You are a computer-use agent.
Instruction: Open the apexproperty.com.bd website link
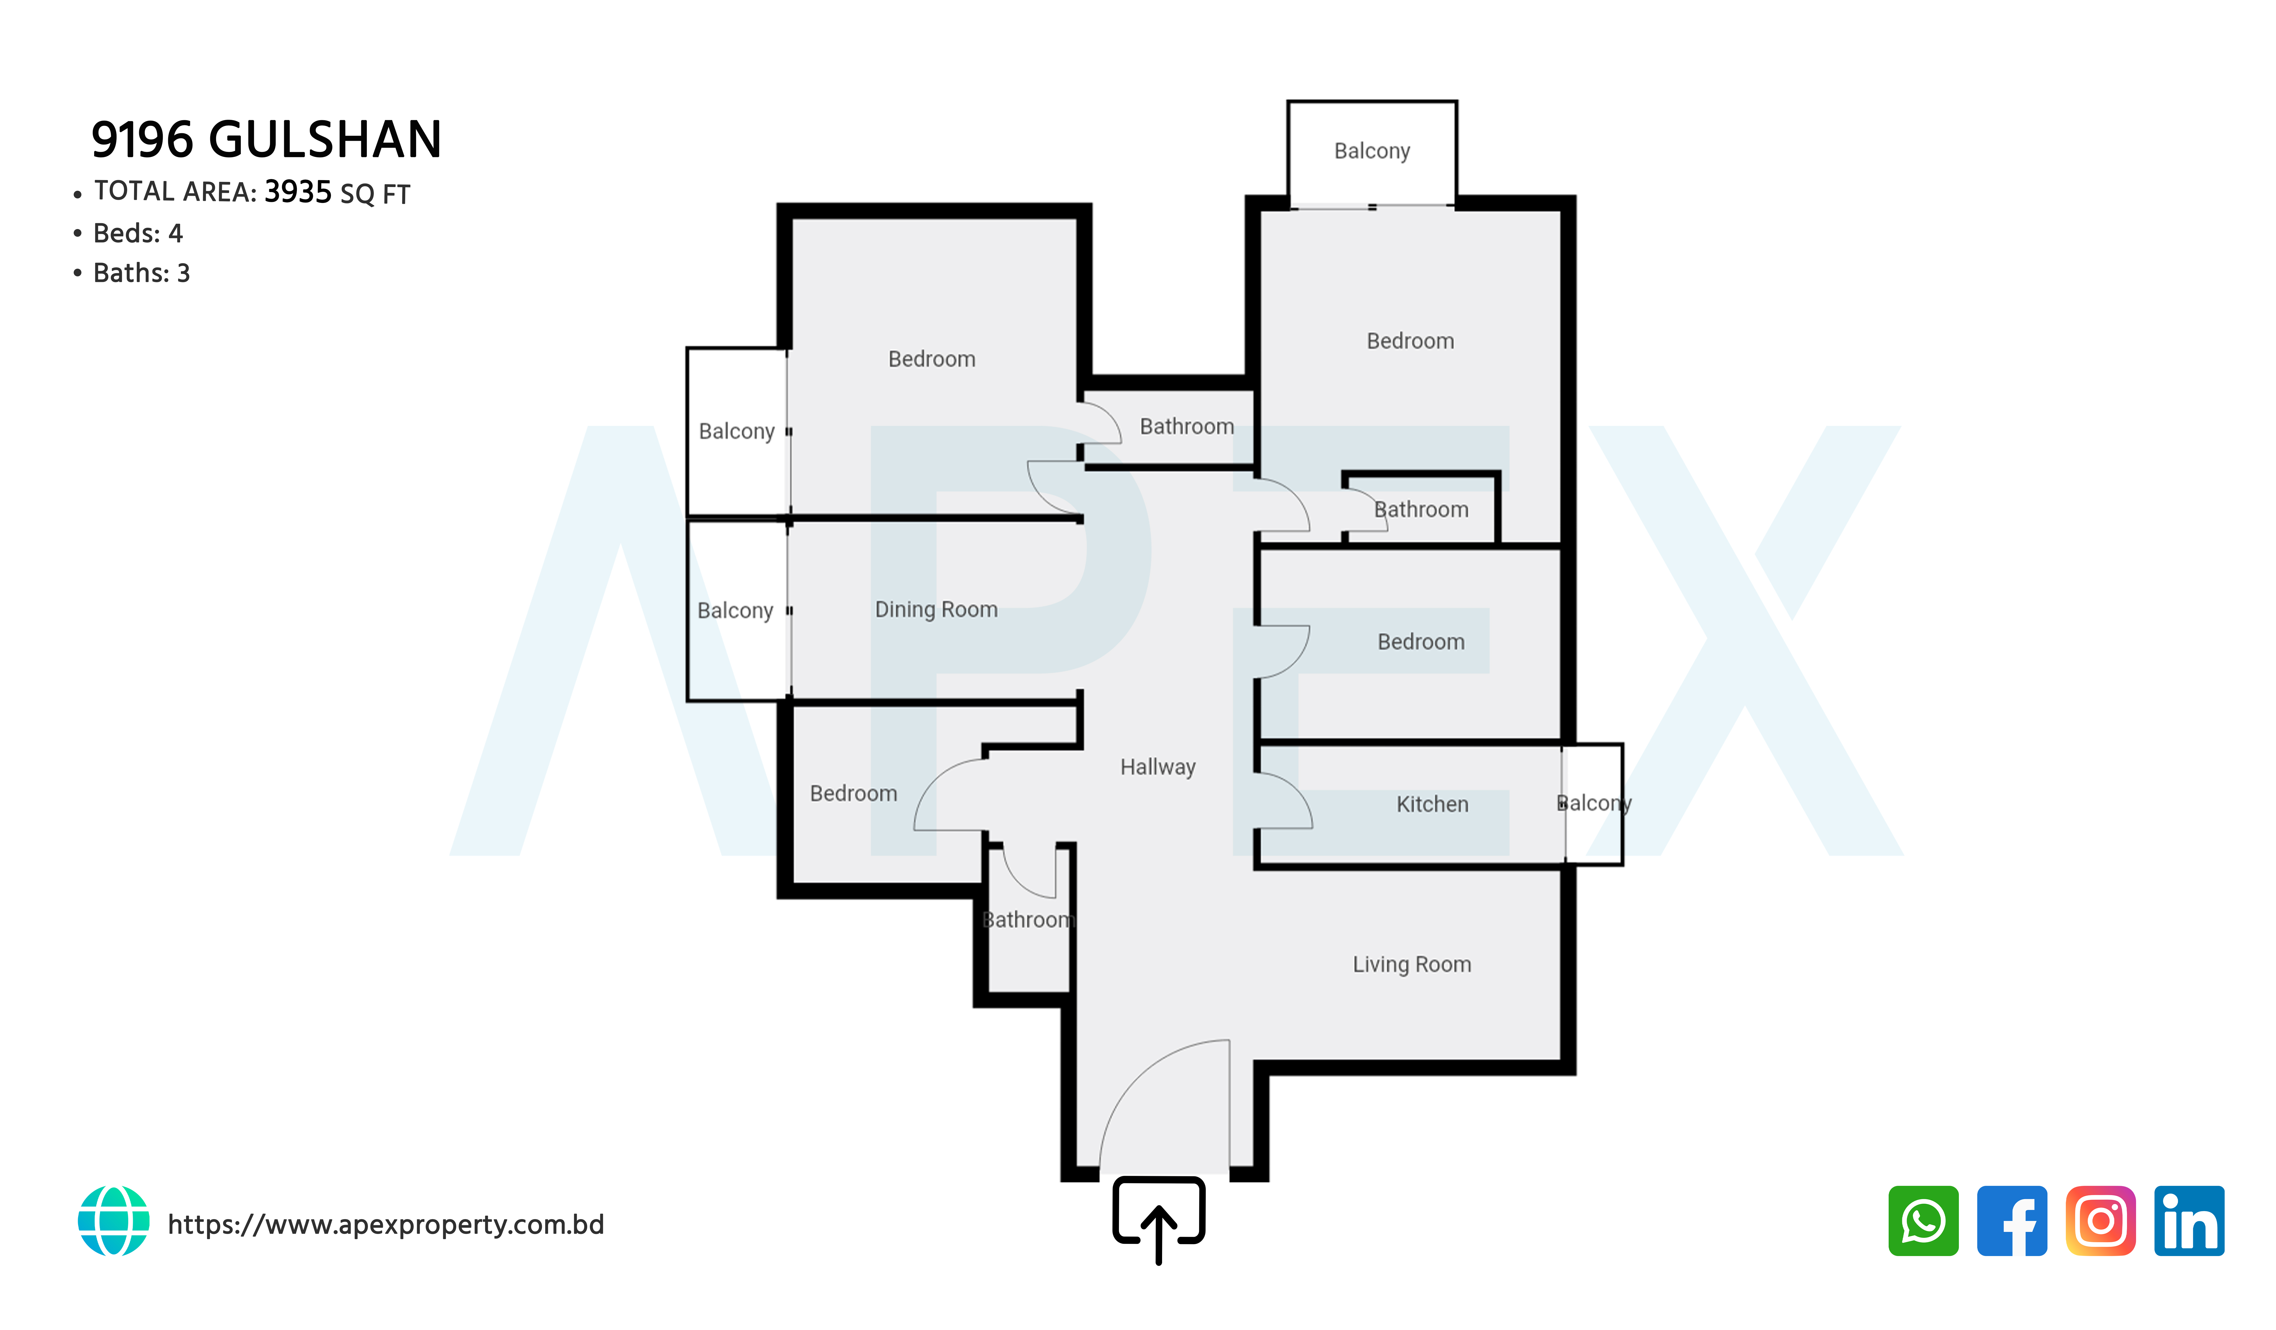pos(386,1224)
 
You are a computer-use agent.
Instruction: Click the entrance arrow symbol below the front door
pos(1159,1219)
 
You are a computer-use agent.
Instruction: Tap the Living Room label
pos(1412,964)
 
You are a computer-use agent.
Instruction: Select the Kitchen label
pos(1432,804)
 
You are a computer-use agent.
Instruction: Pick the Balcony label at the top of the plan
pos(1372,151)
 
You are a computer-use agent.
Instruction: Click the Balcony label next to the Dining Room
pos(735,610)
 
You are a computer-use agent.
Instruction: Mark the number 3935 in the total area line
pos(298,192)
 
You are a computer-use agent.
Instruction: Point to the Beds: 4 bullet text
pos(138,233)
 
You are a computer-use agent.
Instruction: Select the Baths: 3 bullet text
pos(142,273)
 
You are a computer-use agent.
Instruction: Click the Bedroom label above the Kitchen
pos(1421,642)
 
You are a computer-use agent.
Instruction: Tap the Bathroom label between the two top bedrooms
pos(1187,426)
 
